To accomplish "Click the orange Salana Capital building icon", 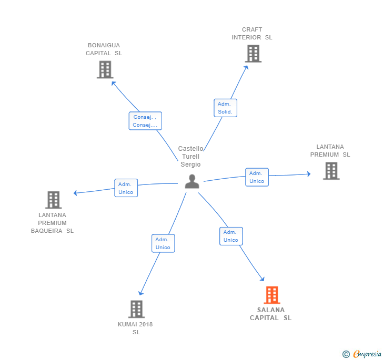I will (x=271, y=295).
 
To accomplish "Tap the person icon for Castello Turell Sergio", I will (x=192, y=181).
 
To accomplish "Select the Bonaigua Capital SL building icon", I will (x=105, y=69).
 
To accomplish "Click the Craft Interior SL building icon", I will (x=253, y=54).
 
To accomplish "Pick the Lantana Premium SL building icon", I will (x=331, y=171).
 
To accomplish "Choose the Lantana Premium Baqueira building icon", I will (x=53, y=200).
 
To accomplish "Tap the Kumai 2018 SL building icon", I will (x=136, y=309).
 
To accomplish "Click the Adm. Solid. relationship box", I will (x=226, y=108).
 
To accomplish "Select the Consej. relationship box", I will (x=145, y=121).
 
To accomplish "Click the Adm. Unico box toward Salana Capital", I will (x=231, y=236).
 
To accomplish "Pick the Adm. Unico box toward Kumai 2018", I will (x=163, y=243).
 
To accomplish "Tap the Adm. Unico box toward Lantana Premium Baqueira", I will (x=126, y=188).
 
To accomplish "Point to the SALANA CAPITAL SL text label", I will (x=270, y=314).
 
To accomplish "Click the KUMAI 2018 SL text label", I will (x=136, y=328).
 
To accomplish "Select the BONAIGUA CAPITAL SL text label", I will (x=104, y=49).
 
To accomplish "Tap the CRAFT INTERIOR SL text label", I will (x=252, y=34).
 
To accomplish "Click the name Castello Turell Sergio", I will (x=190, y=157).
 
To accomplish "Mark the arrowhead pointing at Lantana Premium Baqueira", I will (x=76, y=193).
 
